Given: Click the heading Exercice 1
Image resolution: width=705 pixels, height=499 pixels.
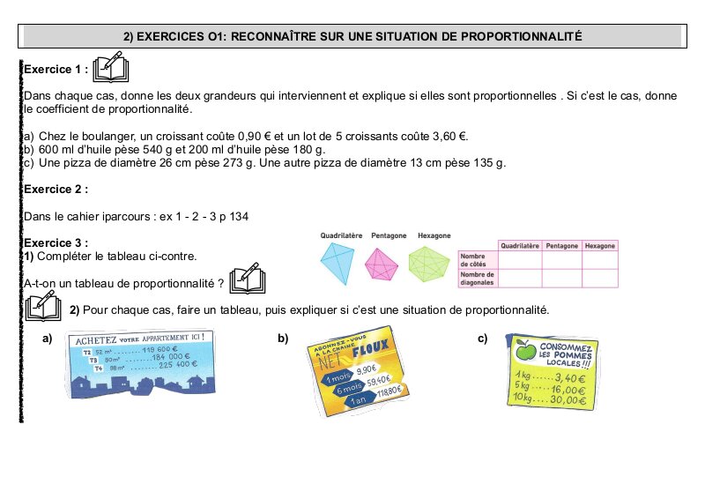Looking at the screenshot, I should tap(56, 69).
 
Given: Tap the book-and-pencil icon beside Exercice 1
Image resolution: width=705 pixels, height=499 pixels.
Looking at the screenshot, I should tap(111, 67).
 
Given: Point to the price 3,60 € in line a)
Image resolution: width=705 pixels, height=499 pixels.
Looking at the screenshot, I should tap(448, 137).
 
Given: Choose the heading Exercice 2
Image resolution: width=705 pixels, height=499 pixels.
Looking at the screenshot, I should tap(56, 189).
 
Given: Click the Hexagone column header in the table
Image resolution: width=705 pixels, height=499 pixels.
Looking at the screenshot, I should tap(599, 245).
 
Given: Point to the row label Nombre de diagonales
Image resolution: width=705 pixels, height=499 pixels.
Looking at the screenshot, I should tap(477, 279).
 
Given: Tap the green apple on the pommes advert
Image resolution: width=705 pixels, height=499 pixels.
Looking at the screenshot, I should tap(525, 353).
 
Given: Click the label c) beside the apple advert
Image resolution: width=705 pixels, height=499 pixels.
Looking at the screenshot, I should tap(483, 339).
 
